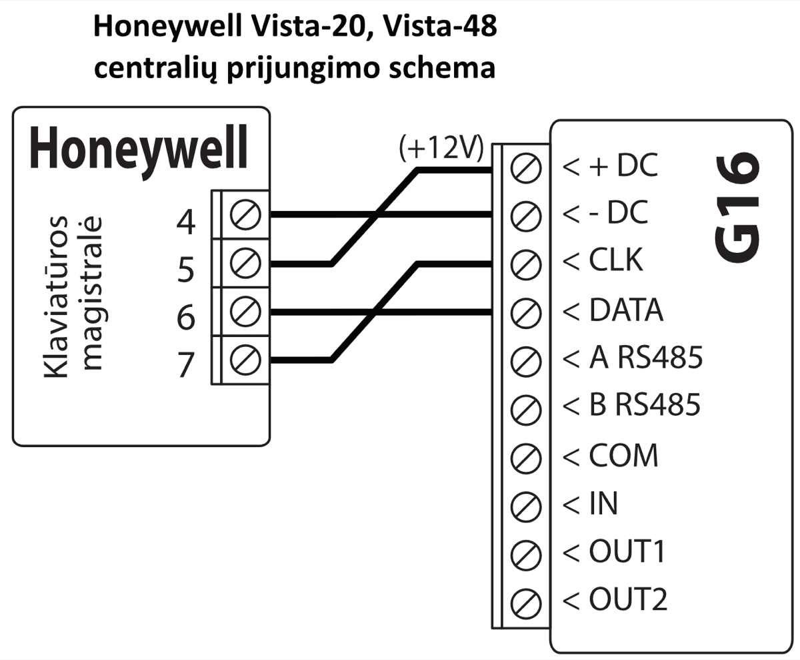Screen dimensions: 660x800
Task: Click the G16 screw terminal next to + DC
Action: tap(525, 167)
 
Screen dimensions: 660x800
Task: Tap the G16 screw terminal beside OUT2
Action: tap(525, 601)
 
